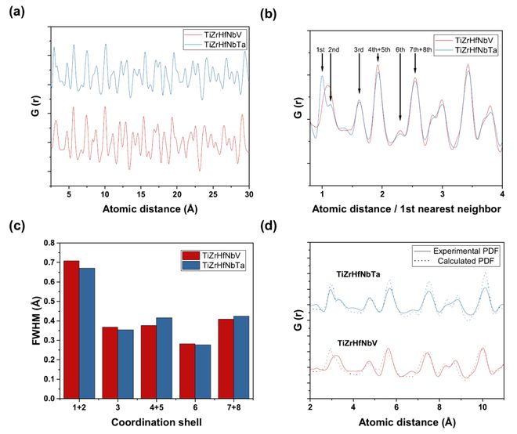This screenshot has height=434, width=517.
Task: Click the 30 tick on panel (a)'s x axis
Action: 249,193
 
